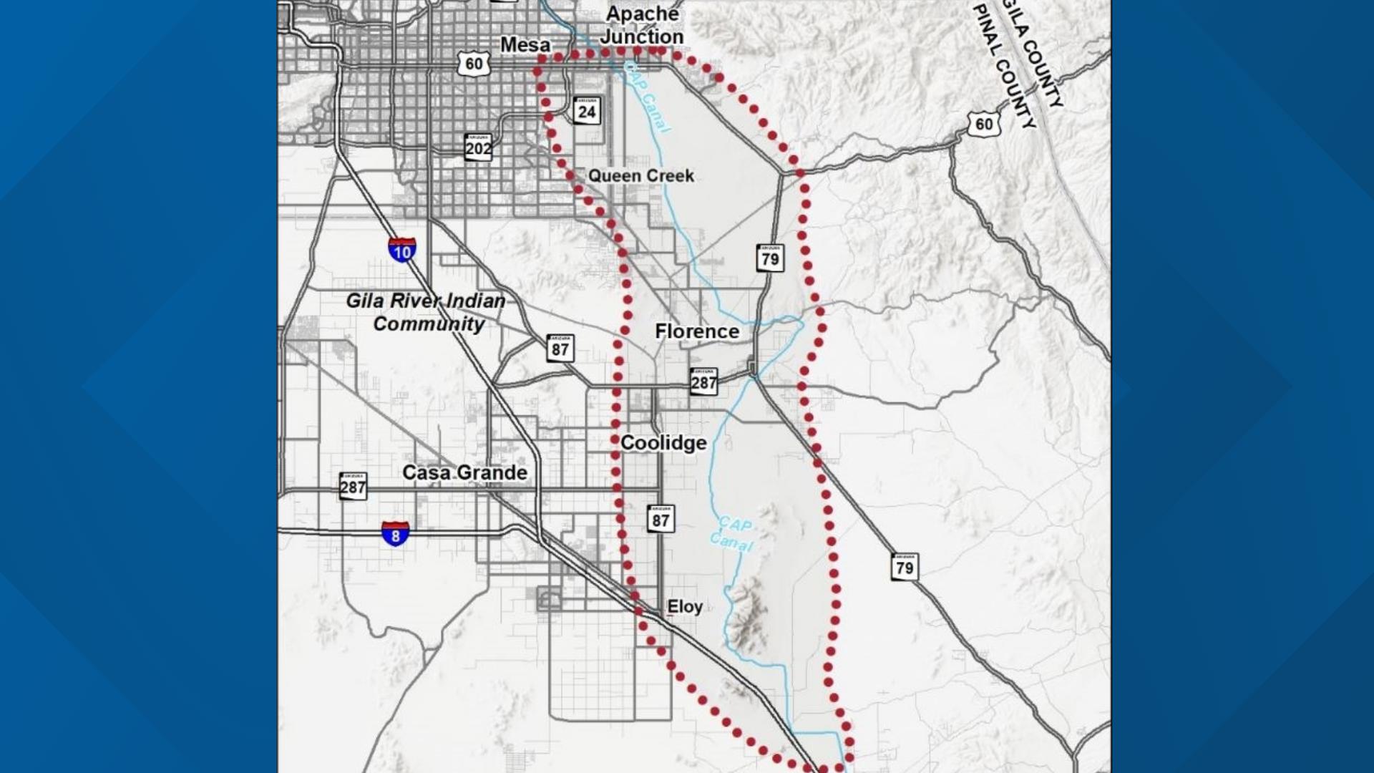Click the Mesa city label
click(x=525, y=45)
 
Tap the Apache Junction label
click(x=642, y=26)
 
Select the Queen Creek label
click(x=640, y=176)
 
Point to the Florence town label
click(x=696, y=331)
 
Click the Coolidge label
click(x=663, y=443)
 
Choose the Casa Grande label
click(x=464, y=472)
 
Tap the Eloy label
click(x=684, y=607)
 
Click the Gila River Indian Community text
click(x=427, y=312)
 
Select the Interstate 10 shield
click(x=402, y=250)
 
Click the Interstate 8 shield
click(x=395, y=534)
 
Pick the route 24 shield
click(x=587, y=111)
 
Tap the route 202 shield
click(x=478, y=147)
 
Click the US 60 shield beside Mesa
click(x=474, y=64)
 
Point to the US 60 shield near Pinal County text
click(x=985, y=124)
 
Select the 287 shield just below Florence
click(x=703, y=381)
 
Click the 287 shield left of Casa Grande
click(x=353, y=486)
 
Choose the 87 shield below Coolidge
click(x=661, y=519)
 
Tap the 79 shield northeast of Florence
click(x=770, y=258)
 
